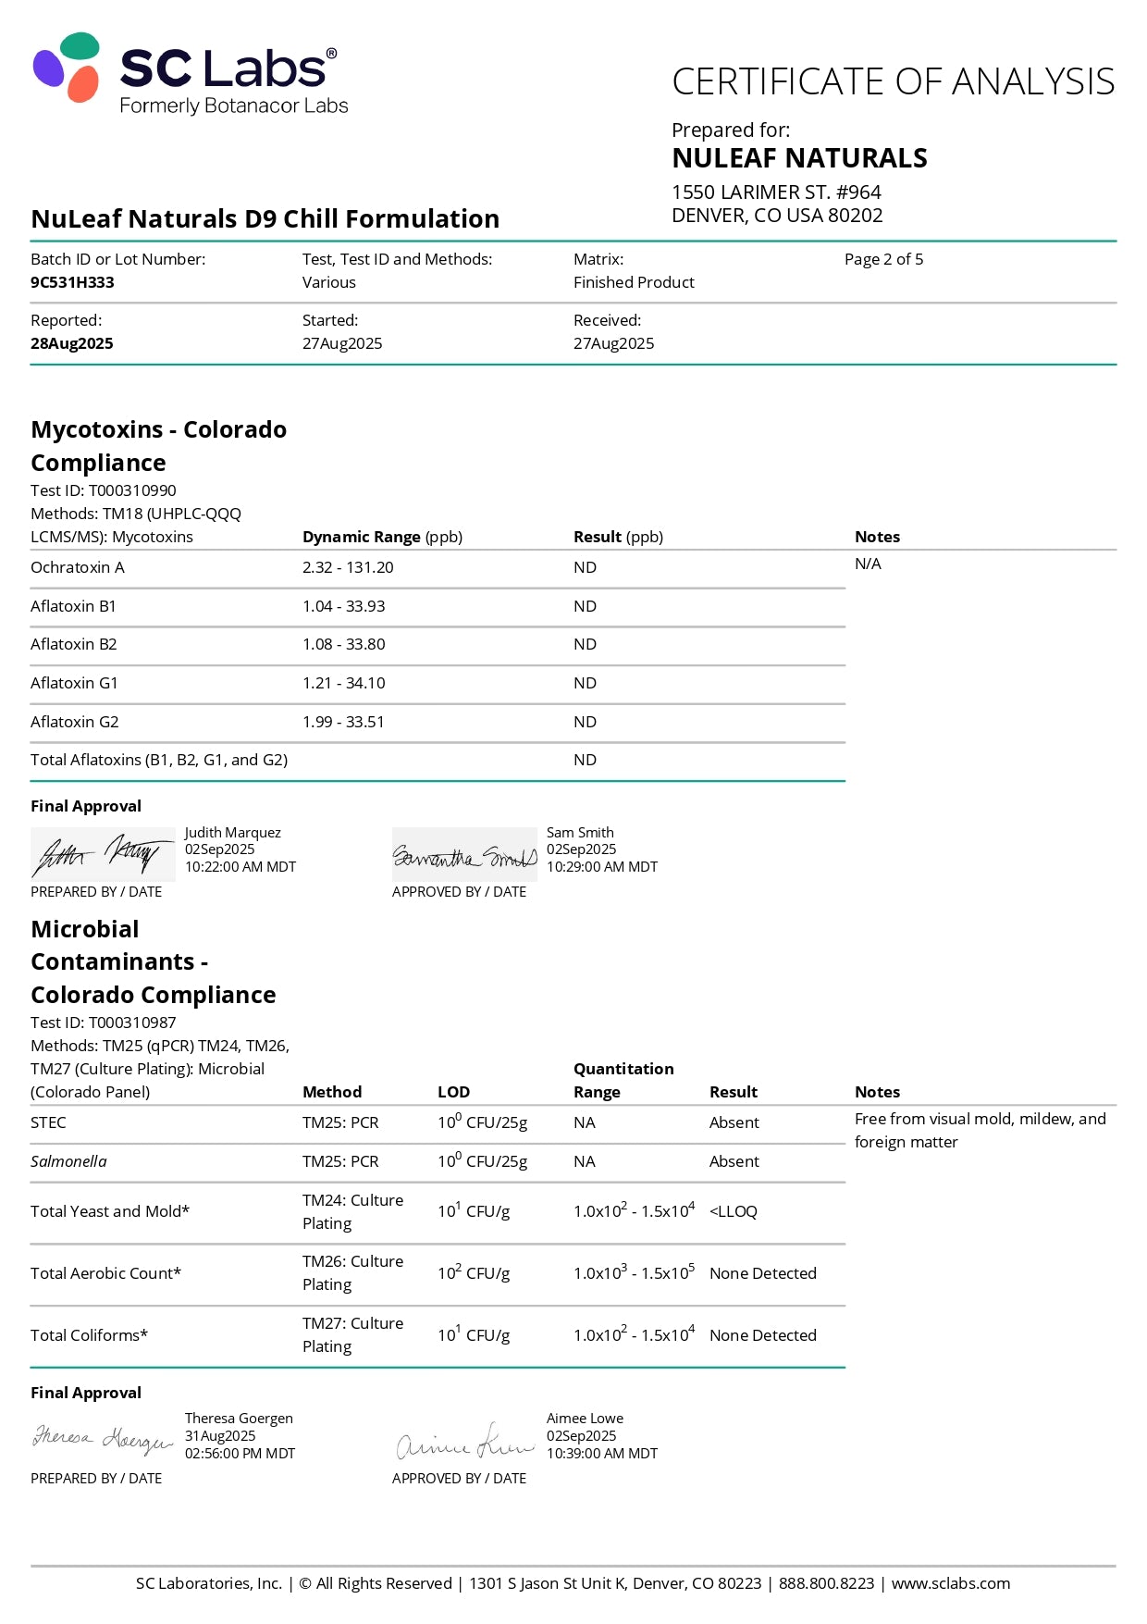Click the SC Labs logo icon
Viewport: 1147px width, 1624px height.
pos(68,68)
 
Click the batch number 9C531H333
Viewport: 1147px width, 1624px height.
pos(72,282)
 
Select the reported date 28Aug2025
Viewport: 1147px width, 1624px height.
pos(72,343)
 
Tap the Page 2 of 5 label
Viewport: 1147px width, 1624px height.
pos(883,259)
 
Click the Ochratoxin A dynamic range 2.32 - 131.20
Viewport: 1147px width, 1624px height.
pos(348,567)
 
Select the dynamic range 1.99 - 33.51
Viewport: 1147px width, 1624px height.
pos(343,722)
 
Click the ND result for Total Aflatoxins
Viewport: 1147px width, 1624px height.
pos(585,760)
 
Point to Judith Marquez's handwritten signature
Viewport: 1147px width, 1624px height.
pos(102,854)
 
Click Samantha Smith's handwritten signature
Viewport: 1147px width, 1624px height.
pos(464,856)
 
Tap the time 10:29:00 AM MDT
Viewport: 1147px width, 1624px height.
pos(602,867)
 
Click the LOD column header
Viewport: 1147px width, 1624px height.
pos(453,1092)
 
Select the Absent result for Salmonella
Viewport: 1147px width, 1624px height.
pos(734,1161)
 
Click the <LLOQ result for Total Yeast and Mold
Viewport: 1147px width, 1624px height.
pos(733,1211)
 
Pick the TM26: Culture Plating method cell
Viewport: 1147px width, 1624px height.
pos(352,1272)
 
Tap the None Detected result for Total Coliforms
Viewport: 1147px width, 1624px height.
pos(762,1335)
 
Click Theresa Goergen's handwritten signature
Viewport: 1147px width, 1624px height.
pos(102,1440)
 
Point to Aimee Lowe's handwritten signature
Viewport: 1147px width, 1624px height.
pos(464,1442)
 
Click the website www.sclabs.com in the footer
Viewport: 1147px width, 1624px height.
pos(950,1583)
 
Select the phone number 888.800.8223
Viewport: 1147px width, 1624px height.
pos(826,1583)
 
